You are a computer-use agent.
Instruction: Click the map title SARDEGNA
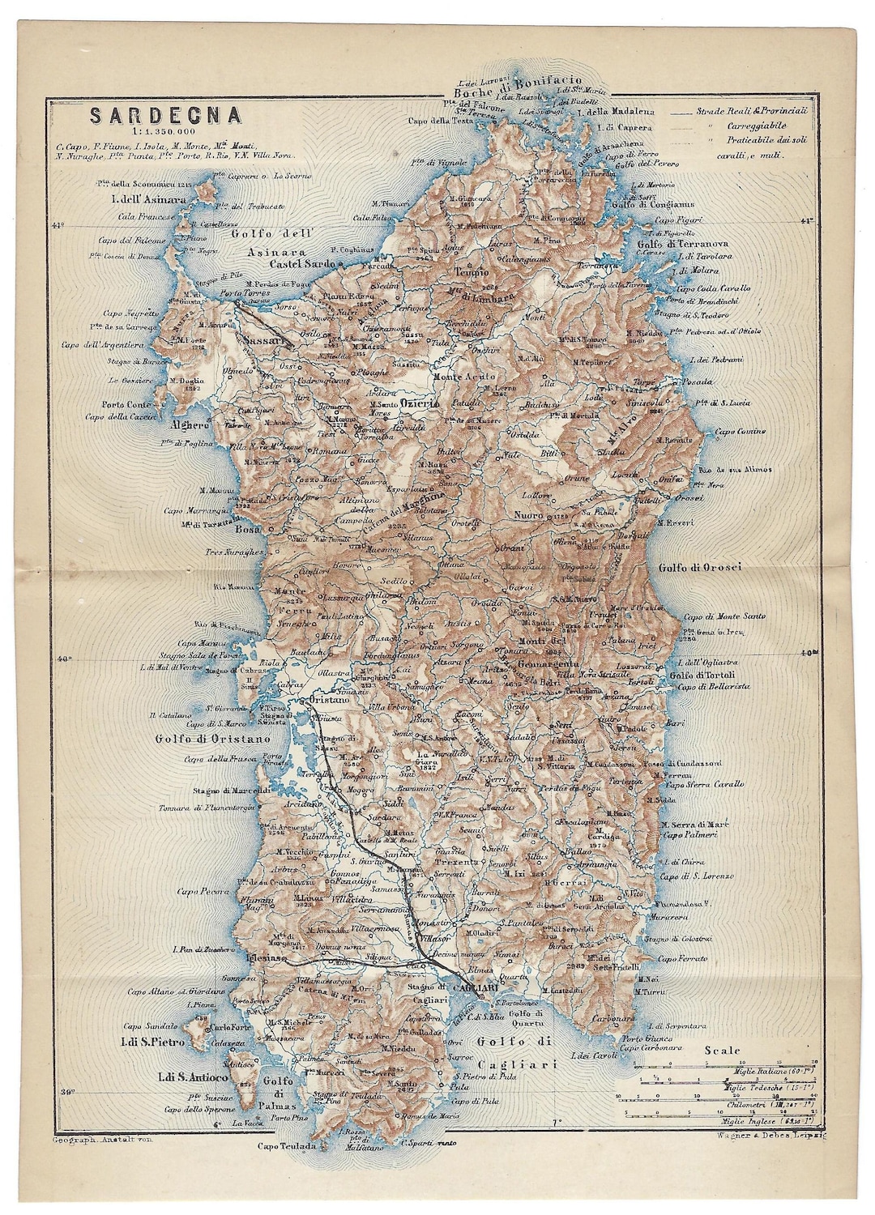[165, 115]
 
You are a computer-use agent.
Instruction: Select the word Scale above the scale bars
[722, 1051]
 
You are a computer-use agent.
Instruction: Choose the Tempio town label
[472, 272]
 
